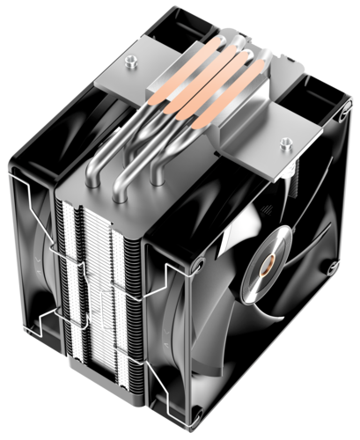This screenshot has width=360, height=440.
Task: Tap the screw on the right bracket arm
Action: pos(286,141)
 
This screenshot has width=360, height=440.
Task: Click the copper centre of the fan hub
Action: pos(266,263)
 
